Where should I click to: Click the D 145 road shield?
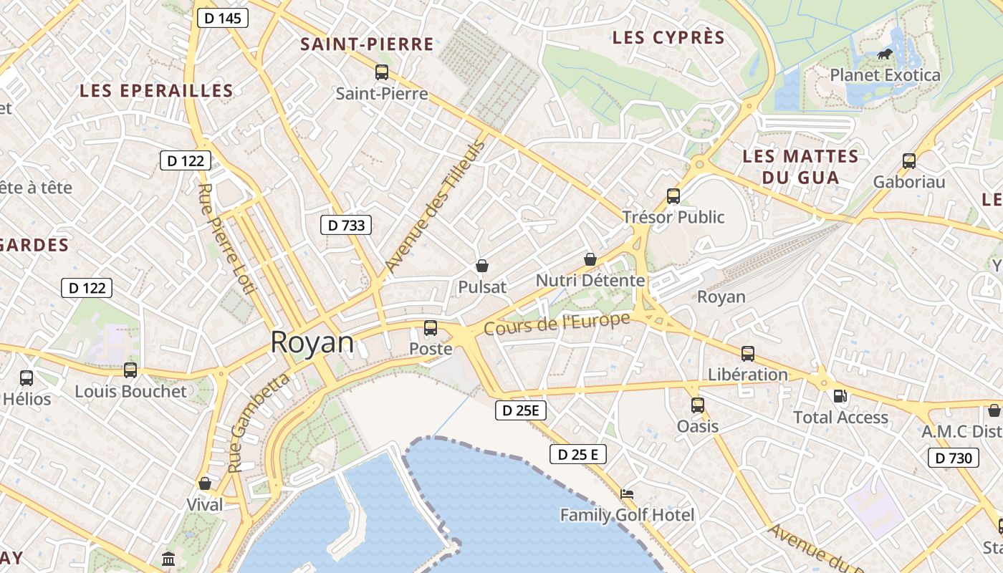[x=223, y=19]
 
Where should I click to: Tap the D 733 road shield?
[x=346, y=225]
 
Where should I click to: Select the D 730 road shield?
[x=954, y=458]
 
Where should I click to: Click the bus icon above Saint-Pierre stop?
[x=382, y=72]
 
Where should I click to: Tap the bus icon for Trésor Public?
[x=673, y=196]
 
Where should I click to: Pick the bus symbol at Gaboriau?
[x=909, y=161]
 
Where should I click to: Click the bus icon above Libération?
[x=748, y=353]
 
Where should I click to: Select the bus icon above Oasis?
[x=698, y=405]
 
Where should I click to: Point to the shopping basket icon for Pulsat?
[x=482, y=266]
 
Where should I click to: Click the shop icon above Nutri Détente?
[x=590, y=259]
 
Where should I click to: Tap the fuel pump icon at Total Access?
[x=840, y=396]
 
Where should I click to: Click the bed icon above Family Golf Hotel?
[x=627, y=494]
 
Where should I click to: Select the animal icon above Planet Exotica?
[x=885, y=54]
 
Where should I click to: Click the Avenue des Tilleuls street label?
[x=435, y=206]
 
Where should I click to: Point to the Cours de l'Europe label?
[x=557, y=323]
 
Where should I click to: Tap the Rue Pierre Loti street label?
[x=226, y=239]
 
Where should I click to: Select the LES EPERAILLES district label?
[x=156, y=91]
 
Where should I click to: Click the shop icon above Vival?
[x=205, y=483]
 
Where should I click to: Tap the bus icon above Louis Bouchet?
[x=130, y=370]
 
